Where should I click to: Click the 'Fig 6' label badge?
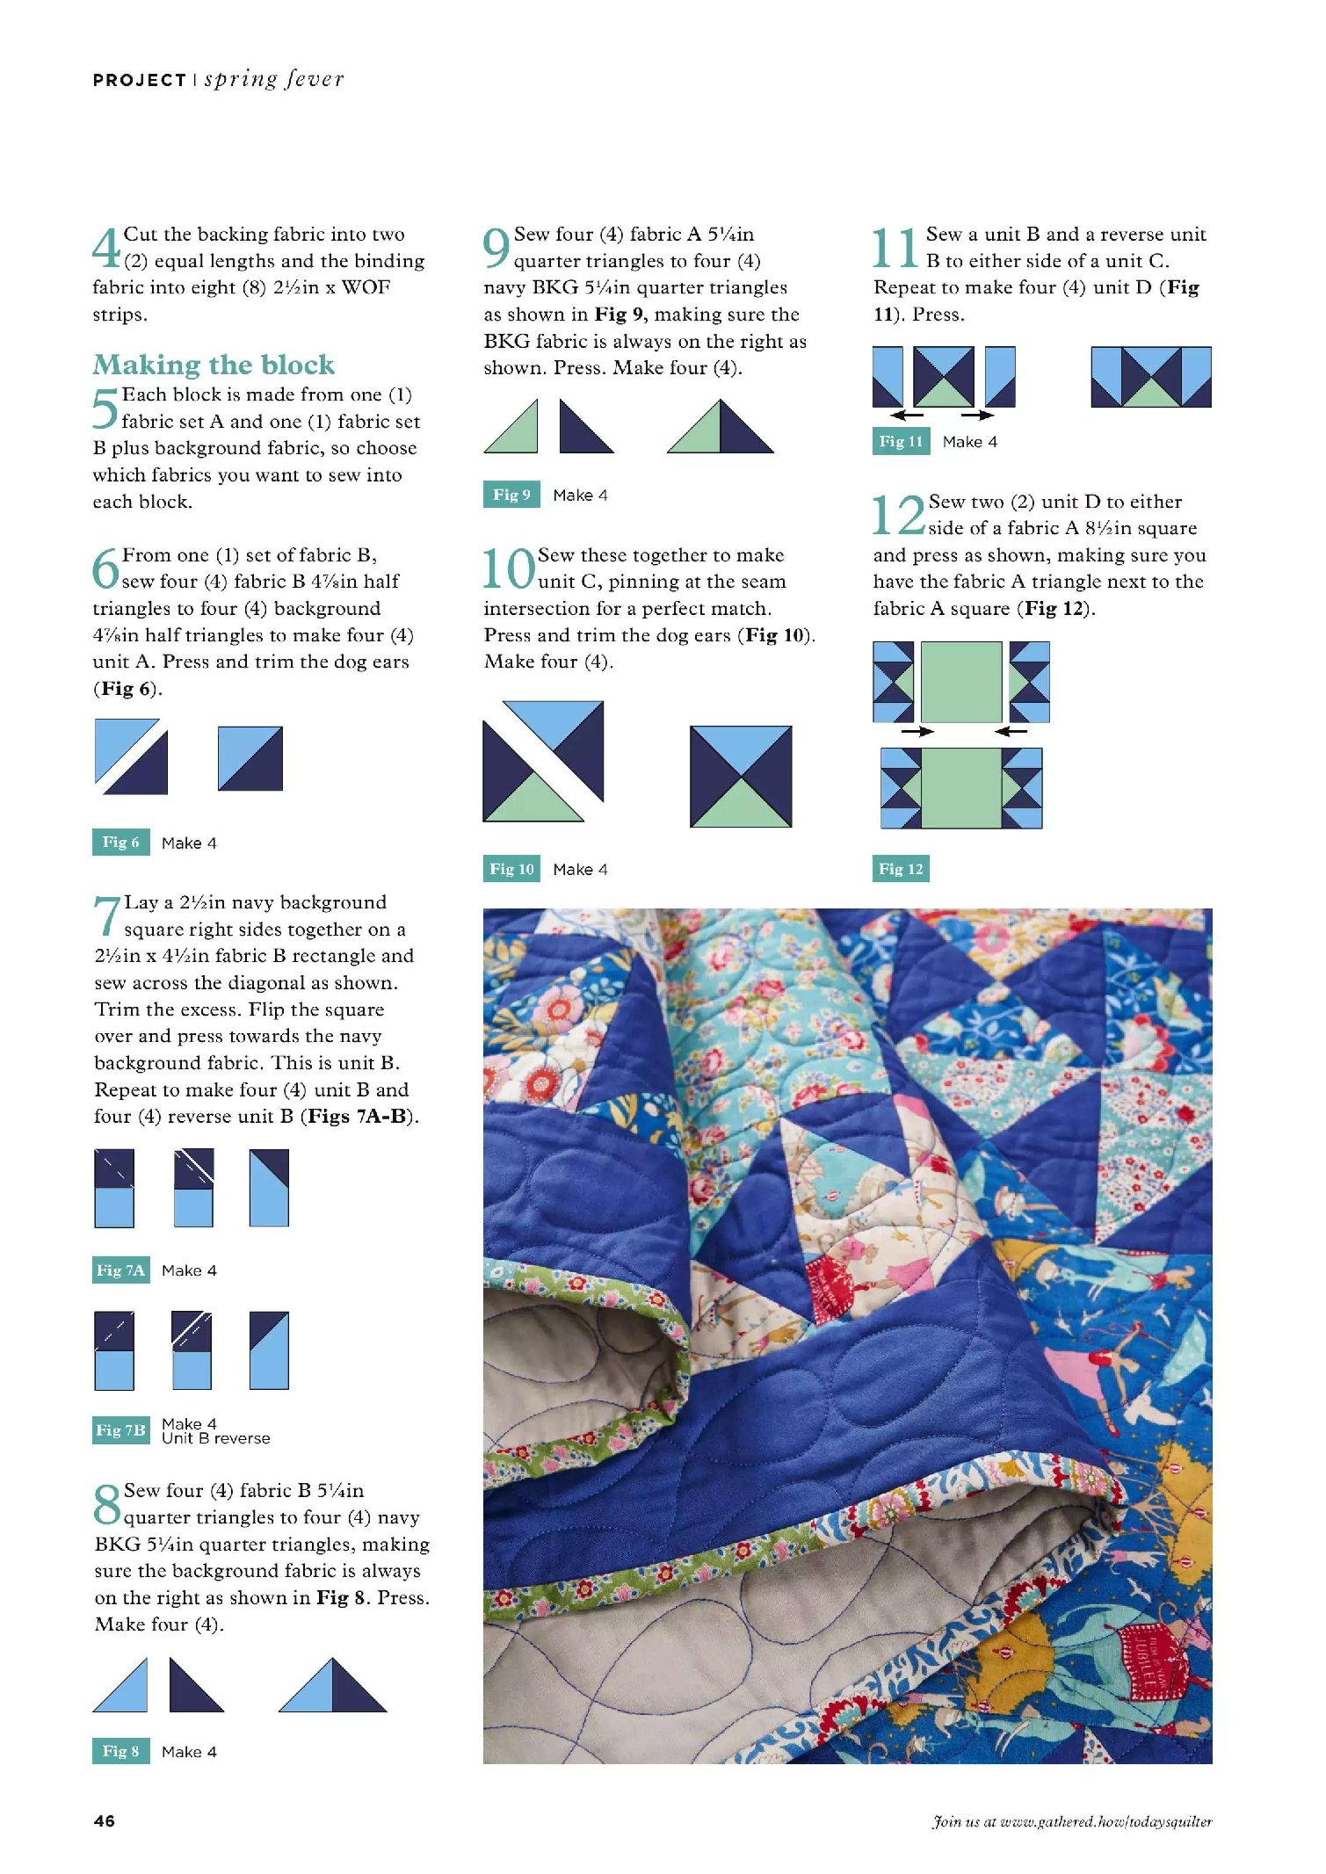(x=120, y=842)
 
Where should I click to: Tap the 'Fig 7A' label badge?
(x=120, y=1270)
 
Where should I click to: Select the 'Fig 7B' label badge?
(x=120, y=1429)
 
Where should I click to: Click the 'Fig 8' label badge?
(x=120, y=1751)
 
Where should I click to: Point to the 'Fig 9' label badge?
(x=511, y=495)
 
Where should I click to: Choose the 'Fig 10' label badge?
(x=511, y=869)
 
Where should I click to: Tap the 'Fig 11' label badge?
(x=901, y=441)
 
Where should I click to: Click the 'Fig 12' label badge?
(x=901, y=869)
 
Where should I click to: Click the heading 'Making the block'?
(x=214, y=365)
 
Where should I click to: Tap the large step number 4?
(x=106, y=248)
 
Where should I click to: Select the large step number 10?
(x=509, y=568)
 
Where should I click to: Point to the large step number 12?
(x=898, y=515)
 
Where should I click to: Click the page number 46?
(x=104, y=1820)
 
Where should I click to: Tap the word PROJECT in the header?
(x=139, y=81)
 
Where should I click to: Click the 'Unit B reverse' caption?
(x=216, y=1438)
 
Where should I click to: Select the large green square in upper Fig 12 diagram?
(x=960, y=682)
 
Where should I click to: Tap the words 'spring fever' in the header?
(x=274, y=79)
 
